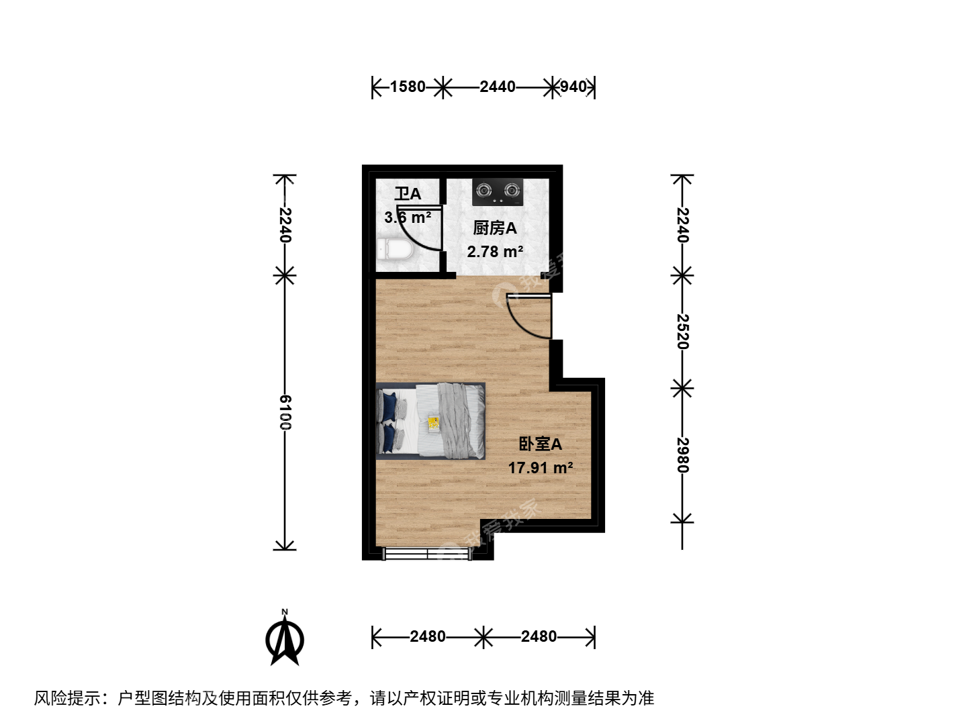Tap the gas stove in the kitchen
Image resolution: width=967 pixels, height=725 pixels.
[498, 191]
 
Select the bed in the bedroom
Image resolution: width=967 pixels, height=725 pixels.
[430, 421]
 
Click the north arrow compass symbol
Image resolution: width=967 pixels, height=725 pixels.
[285, 637]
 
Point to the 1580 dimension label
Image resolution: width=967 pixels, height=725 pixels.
[408, 87]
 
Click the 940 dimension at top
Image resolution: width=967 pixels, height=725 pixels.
[573, 87]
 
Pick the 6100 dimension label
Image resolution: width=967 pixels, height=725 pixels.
[285, 412]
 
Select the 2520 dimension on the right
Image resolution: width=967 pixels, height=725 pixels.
[682, 332]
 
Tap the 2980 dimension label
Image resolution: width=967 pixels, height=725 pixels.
[682, 454]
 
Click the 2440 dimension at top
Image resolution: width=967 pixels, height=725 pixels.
[498, 87]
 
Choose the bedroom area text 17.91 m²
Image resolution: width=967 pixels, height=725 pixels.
[541, 467]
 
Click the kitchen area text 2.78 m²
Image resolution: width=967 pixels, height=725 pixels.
[495, 251]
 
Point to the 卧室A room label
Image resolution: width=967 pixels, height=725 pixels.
[540, 444]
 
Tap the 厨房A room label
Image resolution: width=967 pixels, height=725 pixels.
[495, 228]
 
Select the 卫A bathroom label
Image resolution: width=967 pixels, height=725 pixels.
[408, 194]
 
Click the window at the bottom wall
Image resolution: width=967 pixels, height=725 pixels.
[427, 553]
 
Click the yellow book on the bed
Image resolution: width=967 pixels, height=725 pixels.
[434, 424]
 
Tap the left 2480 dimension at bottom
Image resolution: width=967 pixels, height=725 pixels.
[427, 636]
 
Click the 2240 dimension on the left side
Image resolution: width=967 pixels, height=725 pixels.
[285, 225]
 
